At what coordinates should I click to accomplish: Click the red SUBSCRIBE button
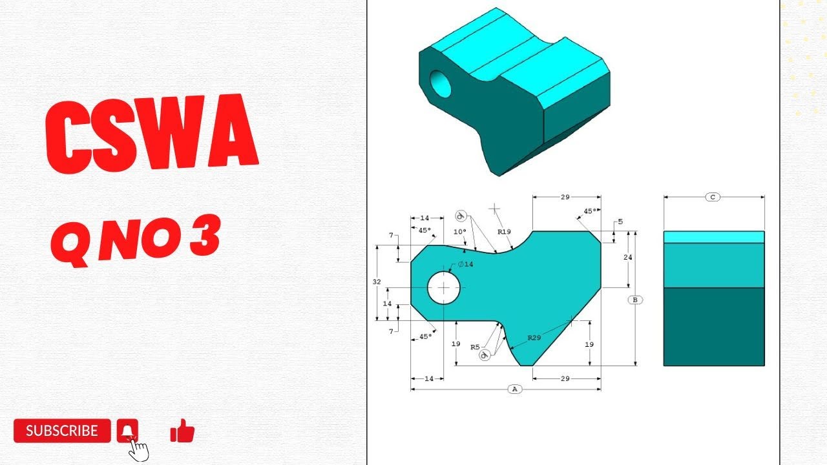pos(61,431)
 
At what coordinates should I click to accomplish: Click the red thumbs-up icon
pos(182,431)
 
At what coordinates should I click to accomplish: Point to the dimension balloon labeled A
pos(515,389)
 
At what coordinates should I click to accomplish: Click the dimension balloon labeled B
pos(635,300)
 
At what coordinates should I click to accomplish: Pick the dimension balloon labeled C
pos(713,197)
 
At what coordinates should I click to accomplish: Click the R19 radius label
pos(504,231)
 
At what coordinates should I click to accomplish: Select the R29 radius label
pos(534,338)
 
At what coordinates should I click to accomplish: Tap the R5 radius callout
pos(475,347)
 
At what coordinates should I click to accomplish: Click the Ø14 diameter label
pos(465,264)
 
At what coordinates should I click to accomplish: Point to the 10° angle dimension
pos(459,232)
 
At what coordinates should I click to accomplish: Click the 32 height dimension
pos(377,282)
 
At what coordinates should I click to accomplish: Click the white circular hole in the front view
pos(444,287)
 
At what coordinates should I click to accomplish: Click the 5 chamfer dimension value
pos(620,222)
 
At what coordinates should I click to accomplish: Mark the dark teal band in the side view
pos(714,326)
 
